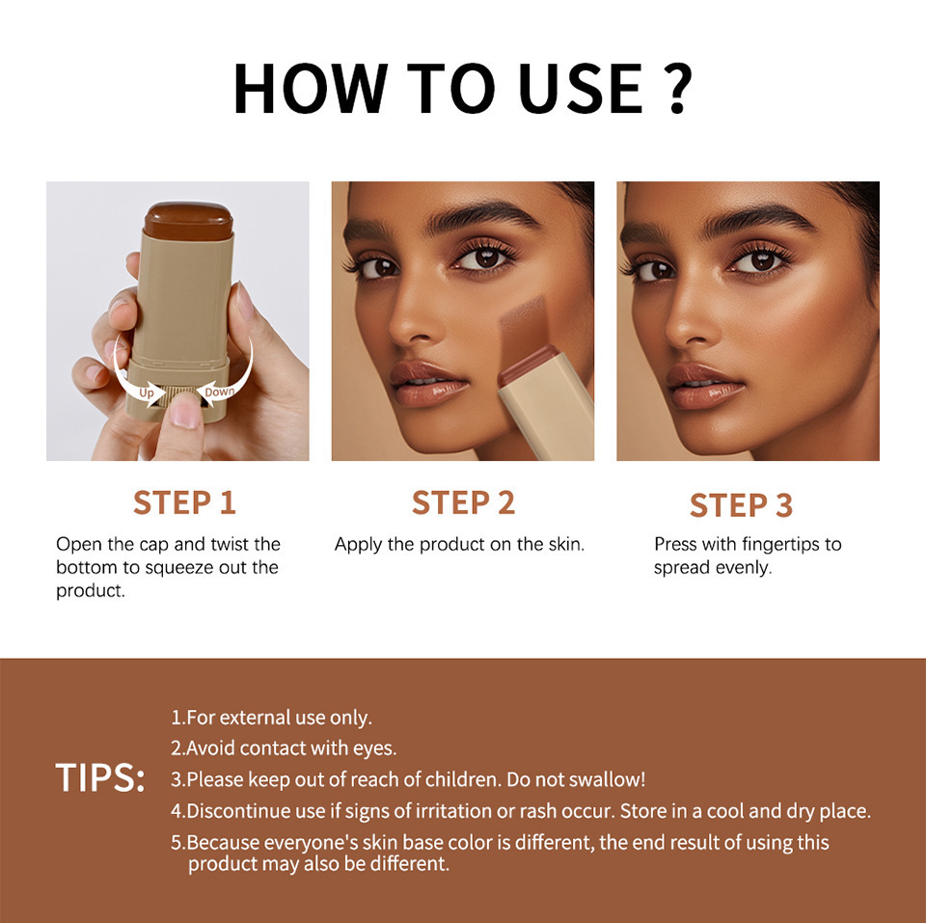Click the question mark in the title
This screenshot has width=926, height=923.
(x=676, y=89)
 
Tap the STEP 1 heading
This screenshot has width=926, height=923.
(x=184, y=502)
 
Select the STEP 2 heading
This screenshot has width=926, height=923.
(x=463, y=502)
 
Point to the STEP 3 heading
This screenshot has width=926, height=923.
(x=741, y=505)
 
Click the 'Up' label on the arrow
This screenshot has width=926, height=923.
(x=147, y=393)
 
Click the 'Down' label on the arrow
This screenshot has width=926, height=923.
(x=219, y=391)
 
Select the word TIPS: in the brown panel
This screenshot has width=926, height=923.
(x=99, y=778)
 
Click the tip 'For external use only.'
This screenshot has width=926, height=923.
(x=271, y=718)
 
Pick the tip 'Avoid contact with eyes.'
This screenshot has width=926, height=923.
(x=284, y=747)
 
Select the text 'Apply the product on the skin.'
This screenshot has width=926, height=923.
(x=459, y=545)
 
